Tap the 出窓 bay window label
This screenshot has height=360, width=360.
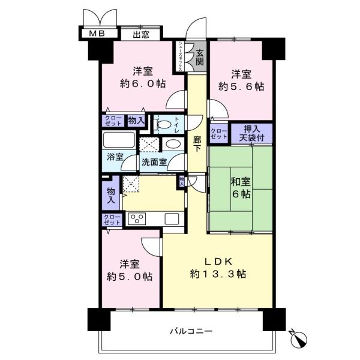click(x=141, y=34)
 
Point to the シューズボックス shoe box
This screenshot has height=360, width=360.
click(x=179, y=56)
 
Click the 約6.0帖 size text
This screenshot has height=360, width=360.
click(x=135, y=84)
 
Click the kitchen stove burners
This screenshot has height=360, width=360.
click(x=137, y=219)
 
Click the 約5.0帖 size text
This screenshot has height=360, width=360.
click(x=130, y=276)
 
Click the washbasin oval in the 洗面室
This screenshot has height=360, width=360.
click(x=172, y=144)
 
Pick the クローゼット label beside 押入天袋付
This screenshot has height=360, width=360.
click(x=218, y=133)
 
